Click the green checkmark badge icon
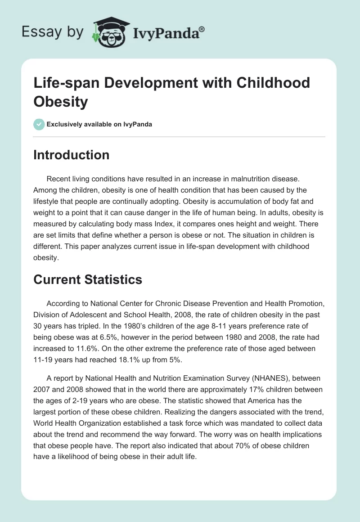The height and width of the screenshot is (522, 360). point(39,124)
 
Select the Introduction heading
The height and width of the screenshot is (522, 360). point(72,155)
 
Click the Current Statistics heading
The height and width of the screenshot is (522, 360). point(88,279)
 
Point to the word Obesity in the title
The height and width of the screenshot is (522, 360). point(60,102)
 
